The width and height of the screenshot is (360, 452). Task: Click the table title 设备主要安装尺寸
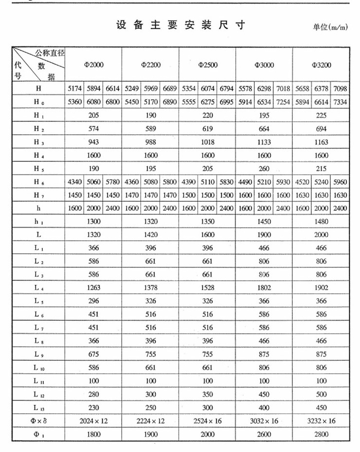coord(180,25)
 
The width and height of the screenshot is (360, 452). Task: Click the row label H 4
coord(38,156)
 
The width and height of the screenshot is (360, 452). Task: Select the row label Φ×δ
coord(38,421)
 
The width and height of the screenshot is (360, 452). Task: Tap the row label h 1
coord(38,221)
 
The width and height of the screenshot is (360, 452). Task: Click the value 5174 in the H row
coord(74,89)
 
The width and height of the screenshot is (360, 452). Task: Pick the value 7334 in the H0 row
coord(340,103)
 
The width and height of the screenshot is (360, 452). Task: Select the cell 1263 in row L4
coord(94,288)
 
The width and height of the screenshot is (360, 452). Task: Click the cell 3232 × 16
coord(321,421)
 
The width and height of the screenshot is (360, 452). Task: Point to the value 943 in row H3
coord(94,142)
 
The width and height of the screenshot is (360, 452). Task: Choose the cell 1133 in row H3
coord(264,142)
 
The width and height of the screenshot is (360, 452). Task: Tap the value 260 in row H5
coord(264,169)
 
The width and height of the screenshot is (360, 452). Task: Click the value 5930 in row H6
coord(283,182)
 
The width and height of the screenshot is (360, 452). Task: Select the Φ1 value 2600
coord(264,434)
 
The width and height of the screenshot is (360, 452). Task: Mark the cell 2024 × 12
coord(94,421)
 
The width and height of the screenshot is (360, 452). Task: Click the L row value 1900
coord(264,235)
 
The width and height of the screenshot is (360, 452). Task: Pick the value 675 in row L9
coord(94,354)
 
